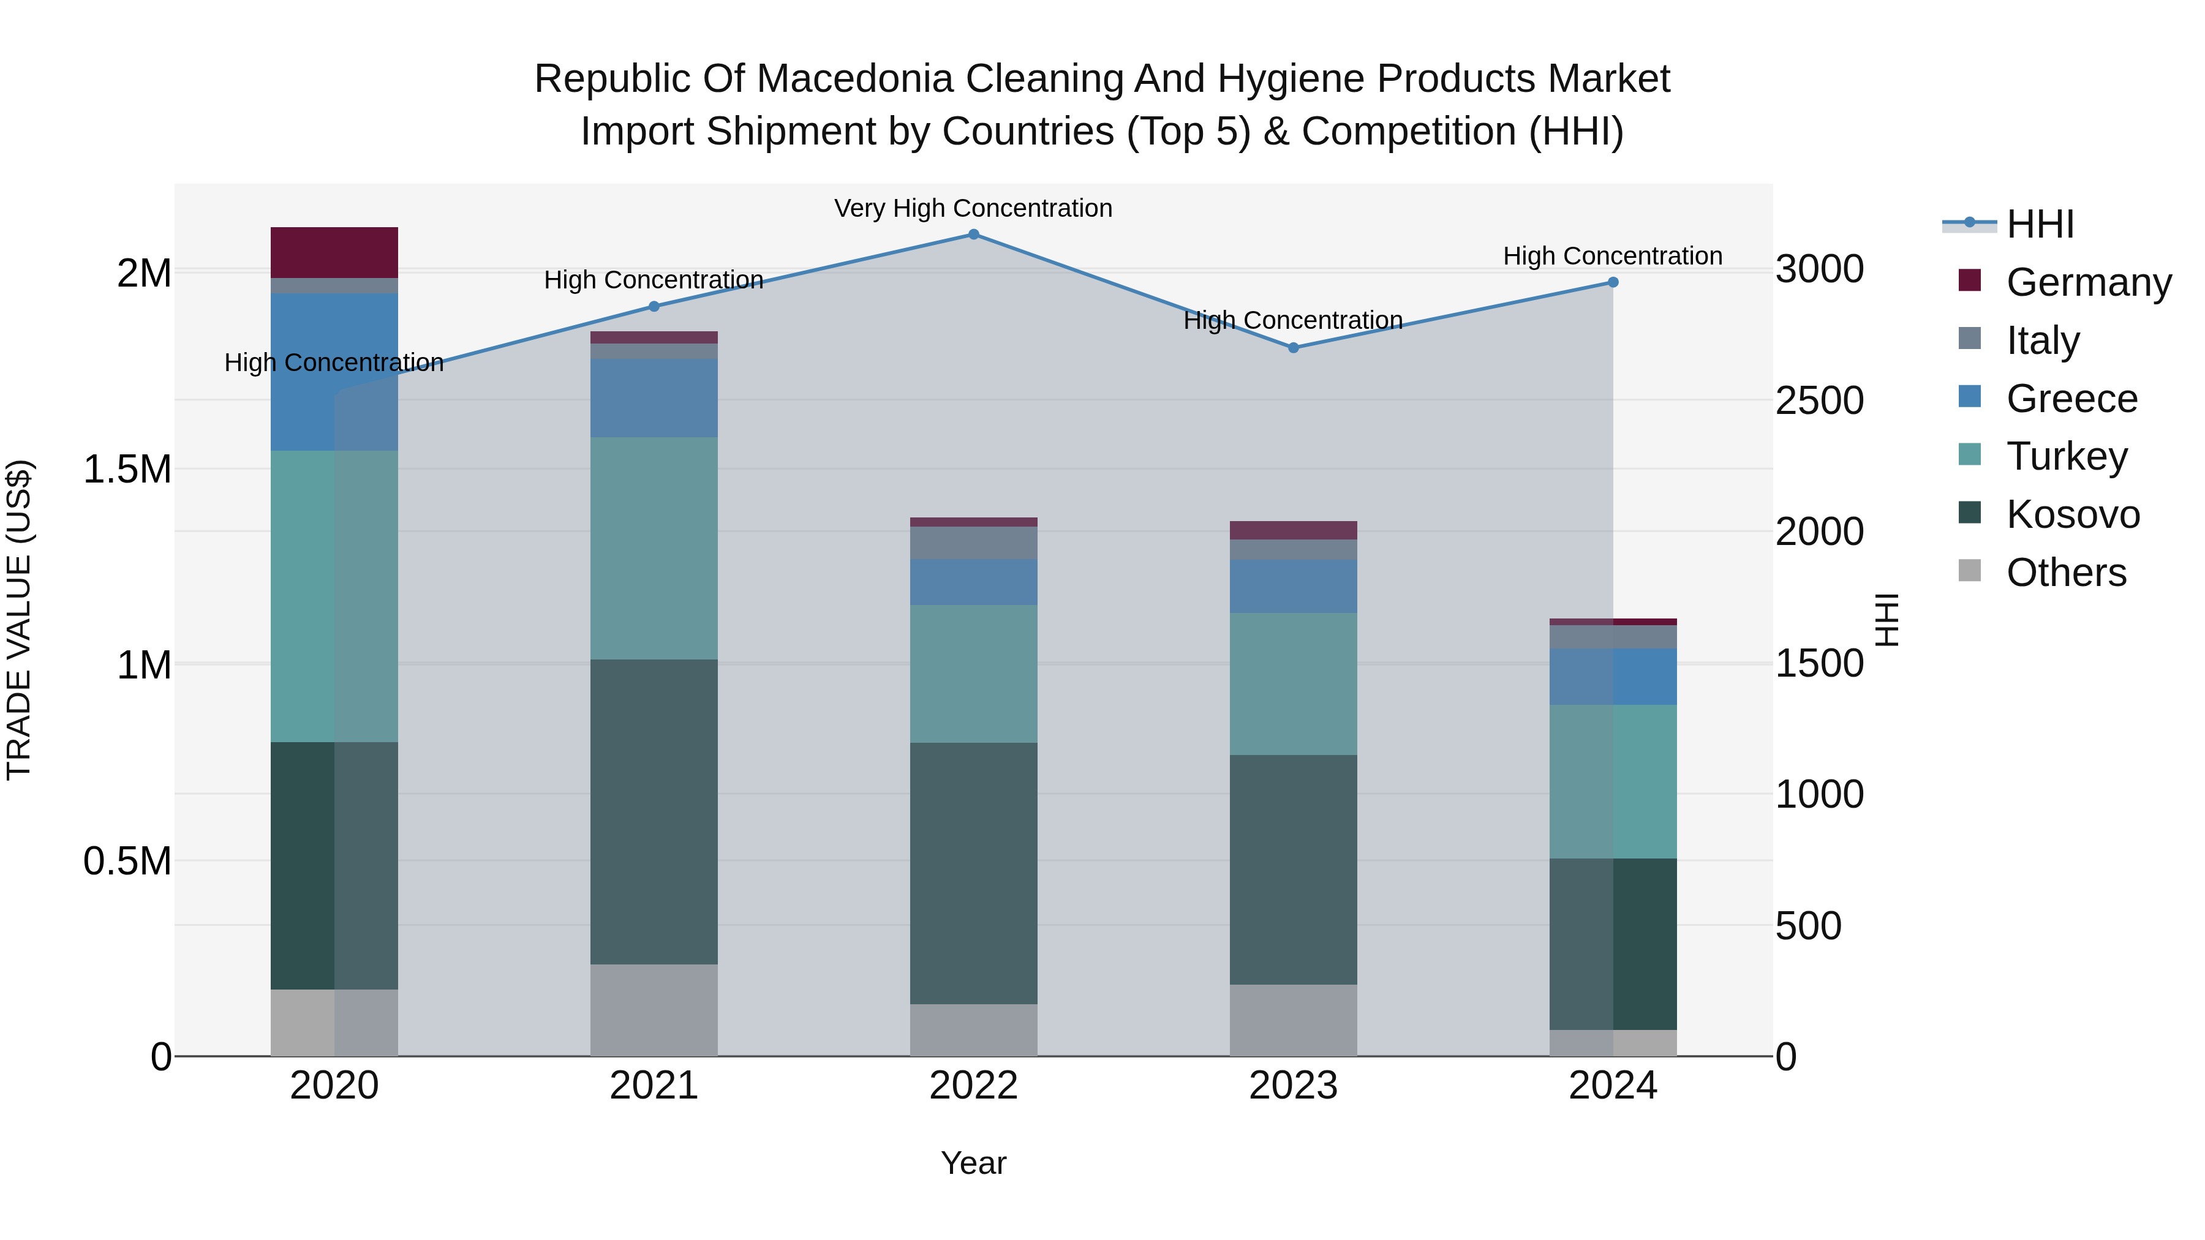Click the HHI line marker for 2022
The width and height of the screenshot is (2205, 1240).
coord(973,235)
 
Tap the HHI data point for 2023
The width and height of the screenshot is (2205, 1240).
coord(1294,347)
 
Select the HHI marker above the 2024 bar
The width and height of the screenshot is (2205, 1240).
coord(1613,282)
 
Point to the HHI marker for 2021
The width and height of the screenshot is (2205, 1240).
coord(654,306)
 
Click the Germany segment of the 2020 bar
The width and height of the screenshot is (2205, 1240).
coord(334,252)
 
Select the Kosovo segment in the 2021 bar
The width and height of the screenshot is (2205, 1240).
coord(654,811)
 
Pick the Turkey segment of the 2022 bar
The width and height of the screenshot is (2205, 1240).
coord(973,674)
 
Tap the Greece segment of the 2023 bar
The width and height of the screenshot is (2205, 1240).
coord(1294,586)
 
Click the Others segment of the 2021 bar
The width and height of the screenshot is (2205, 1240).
coord(654,1010)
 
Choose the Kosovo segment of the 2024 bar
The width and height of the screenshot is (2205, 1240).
coord(1613,944)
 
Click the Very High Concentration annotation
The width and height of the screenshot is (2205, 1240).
coord(973,209)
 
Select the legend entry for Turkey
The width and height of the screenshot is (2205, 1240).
coord(2067,456)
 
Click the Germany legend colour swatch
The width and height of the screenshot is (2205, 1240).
coord(1970,280)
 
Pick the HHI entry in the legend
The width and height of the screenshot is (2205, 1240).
coord(2040,224)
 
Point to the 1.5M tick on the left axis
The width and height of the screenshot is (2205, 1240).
coord(127,470)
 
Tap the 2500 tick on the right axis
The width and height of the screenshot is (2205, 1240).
coord(1820,400)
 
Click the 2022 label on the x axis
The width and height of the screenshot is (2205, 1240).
coord(973,1086)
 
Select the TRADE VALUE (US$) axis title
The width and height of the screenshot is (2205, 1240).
coord(19,620)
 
